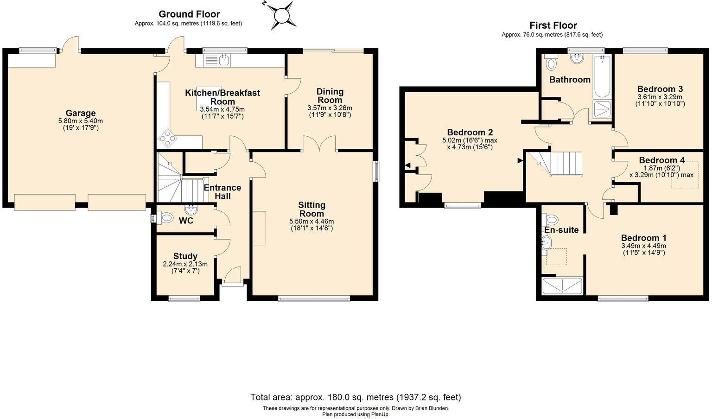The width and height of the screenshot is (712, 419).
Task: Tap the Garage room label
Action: pyautogui.click(x=80, y=113)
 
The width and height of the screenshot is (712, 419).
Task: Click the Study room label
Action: pyautogui.click(x=185, y=256)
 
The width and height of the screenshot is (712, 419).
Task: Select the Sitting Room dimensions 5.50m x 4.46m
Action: pyautogui.click(x=311, y=221)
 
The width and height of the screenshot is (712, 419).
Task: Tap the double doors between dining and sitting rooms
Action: pyautogui.click(x=319, y=143)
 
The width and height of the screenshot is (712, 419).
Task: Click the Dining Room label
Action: pyautogui.click(x=330, y=95)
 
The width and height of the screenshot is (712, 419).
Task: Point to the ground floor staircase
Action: pyautogui.click(x=180, y=178)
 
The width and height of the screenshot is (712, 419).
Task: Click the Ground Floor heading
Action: pyautogui.click(x=189, y=14)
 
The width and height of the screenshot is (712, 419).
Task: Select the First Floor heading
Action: pyautogui.click(x=553, y=25)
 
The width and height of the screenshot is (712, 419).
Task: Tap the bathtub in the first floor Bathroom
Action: pyautogui.click(x=602, y=76)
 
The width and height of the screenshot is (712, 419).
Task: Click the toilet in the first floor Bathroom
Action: pyautogui.click(x=551, y=62)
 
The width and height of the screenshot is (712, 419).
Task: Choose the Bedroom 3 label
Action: pyautogui.click(x=660, y=89)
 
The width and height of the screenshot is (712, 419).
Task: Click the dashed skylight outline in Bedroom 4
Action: pyautogui.click(x=685, y=175)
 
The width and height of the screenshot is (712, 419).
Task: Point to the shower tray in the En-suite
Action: pyautogui.click(x=562, y=286)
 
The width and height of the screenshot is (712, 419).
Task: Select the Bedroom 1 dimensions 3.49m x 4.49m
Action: pyautogui.click(x=644, y=246)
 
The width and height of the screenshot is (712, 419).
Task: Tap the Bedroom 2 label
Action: pyautogui.click(x=470, y=132)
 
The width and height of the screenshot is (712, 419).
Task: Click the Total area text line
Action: pyautogui.click(x=356, y=397)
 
